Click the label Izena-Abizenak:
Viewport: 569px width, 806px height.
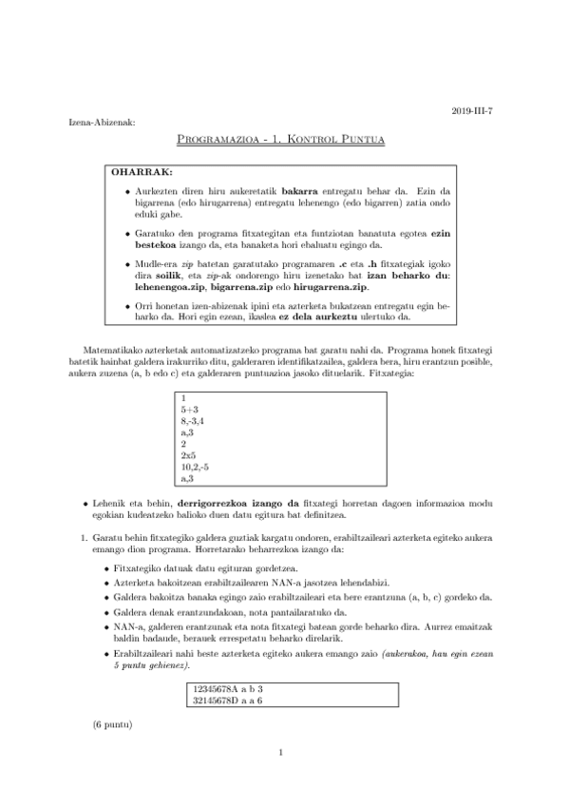(103, 123)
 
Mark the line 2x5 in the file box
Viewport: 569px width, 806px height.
(189, 454)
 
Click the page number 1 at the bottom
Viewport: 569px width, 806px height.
(282, 779)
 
